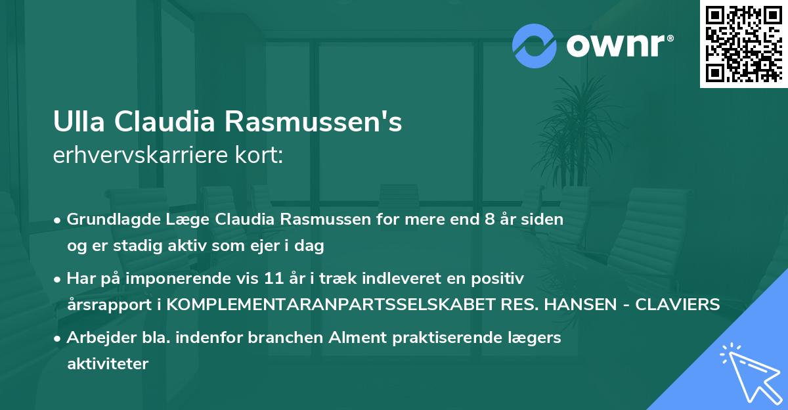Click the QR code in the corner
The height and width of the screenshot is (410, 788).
(744, 43)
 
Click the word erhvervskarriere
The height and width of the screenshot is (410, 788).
(140, 155)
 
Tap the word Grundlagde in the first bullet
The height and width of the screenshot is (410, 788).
(105, 219)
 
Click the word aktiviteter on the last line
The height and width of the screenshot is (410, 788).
(108, 364)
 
